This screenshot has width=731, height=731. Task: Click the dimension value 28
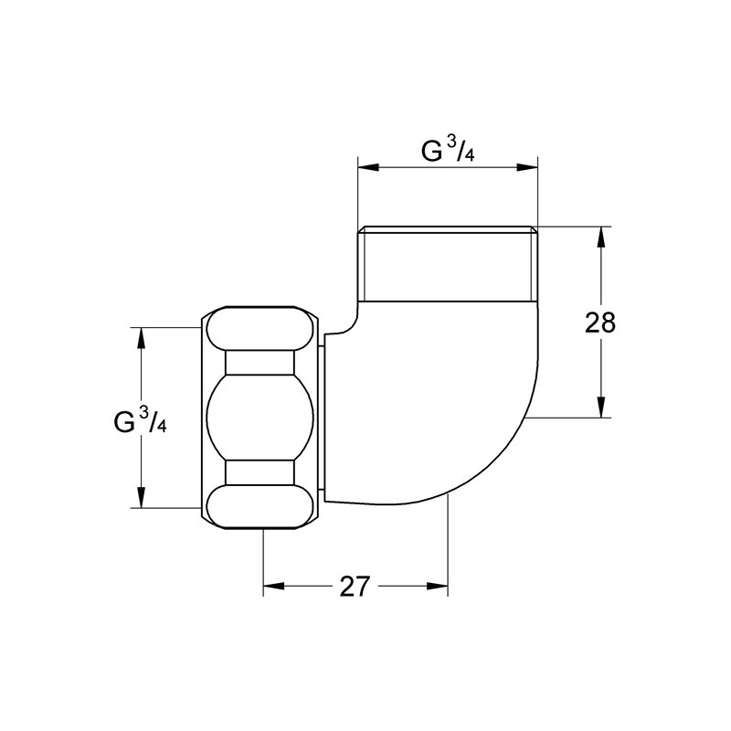click(x=600, y=323)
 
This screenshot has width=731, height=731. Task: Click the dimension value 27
click(x=355, y=586)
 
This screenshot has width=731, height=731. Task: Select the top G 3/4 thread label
click(x=448, y=151)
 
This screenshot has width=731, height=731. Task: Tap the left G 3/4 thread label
click(x=140, y=419)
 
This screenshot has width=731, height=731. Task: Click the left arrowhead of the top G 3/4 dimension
click(x=368, y=167)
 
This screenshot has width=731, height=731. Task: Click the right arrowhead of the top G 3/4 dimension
click(x=527, y=167)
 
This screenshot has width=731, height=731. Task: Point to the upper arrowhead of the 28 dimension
click(x=601, y=238)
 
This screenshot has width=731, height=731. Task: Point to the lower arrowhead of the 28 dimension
click(x=601, y=407)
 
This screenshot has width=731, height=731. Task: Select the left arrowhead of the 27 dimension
click(x=273, y=586)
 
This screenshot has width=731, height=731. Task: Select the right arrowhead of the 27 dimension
click(x=438, y=586)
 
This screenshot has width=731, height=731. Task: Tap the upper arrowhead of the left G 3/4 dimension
click(x=141, y=338)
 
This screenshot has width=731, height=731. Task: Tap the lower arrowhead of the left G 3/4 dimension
click(x=141, y=497)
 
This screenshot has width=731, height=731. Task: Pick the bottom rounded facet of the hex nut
click(x=260, y=506)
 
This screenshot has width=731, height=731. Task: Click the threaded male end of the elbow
click(x=448, y=264)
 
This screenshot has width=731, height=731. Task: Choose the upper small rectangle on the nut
click(x=260, y=362)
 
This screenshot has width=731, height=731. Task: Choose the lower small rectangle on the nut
click(x=260, y=472)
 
